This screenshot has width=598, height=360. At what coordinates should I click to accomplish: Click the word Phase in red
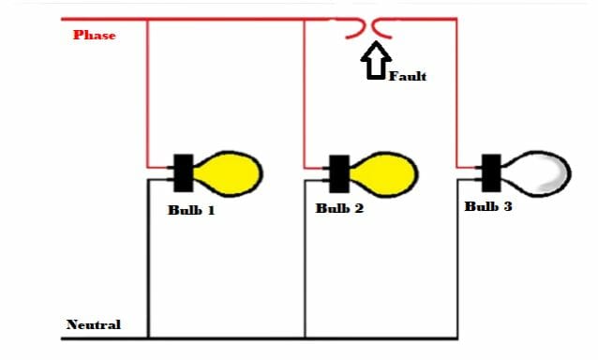point(94,36)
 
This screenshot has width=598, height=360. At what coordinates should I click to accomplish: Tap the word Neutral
point(94,324)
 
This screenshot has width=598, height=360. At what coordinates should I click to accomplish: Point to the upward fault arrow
point(377,65)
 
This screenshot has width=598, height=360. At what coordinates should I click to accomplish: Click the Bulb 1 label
point(191,210)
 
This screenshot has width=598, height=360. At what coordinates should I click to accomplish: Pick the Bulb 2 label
point(339,208)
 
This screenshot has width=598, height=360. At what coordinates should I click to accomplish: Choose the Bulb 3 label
point(488,206)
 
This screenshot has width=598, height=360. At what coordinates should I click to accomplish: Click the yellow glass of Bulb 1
point(230,170)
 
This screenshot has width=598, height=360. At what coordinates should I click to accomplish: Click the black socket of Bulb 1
point(183,171)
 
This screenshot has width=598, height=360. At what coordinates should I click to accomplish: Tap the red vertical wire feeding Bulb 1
point(148,94)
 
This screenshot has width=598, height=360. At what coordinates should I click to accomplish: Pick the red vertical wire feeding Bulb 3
point(456,94)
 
